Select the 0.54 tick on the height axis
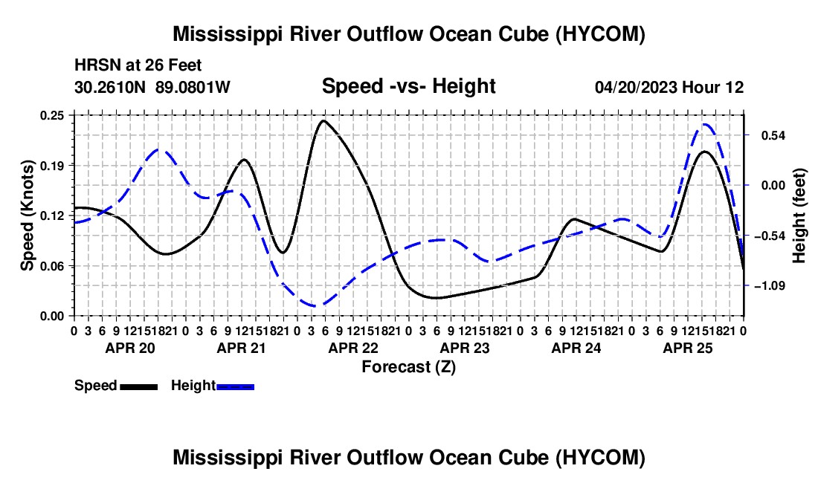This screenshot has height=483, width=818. point(773,135)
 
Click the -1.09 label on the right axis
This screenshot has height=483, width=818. point(770,285)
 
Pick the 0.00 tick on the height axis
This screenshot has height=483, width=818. point(773,186)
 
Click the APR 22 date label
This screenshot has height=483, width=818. point(353,348)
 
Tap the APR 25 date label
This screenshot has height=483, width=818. point(688,348)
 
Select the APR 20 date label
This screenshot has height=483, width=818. point(130,348)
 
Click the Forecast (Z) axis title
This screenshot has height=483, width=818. point(408,367)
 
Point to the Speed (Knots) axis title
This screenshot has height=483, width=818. point(27,215)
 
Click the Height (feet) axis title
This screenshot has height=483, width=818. point(799,215)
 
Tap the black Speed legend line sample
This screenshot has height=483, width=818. point(139,387)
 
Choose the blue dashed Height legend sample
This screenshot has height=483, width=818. point(235,387)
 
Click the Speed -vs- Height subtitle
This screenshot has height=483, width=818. point(408,86)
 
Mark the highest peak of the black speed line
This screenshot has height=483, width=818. point(323,121)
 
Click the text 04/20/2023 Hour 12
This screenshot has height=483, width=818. point(669,87)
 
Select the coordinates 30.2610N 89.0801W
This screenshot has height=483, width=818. point(152,87)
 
